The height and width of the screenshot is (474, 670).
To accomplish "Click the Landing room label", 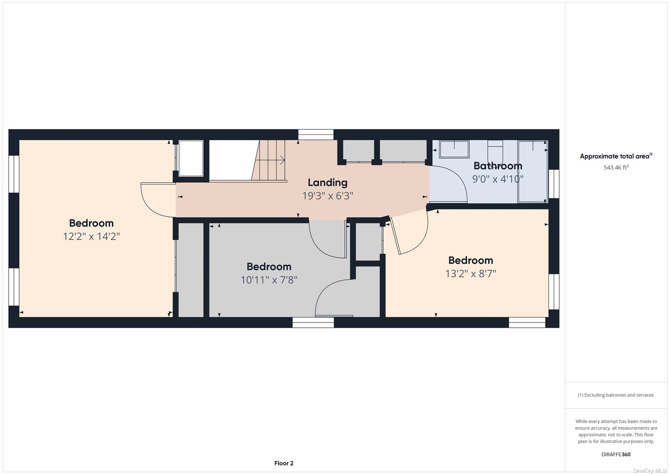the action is tap(328, 182).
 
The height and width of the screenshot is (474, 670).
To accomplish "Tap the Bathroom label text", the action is tap(498, 166).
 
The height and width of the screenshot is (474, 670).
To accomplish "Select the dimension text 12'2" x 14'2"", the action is tap(91, 236).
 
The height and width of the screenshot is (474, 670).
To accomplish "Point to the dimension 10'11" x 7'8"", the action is tap(269, 280).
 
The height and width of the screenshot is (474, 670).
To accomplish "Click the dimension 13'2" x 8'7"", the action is tap(471, 274).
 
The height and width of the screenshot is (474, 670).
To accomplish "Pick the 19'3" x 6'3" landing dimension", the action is tap(328, 196).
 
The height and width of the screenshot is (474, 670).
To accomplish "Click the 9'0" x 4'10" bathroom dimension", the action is tap(498, 179).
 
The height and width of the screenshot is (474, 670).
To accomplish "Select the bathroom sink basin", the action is tap(454, 149).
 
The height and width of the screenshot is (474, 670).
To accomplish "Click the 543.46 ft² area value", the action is tap(616, 167).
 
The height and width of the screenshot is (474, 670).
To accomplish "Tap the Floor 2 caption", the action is tap(284, 463).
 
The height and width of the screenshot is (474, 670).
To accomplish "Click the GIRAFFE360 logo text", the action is tap(616, 454).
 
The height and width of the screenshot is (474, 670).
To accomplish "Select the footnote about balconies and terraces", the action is tap(616, 395).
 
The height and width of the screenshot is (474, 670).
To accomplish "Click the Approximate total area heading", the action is tap(616, 156).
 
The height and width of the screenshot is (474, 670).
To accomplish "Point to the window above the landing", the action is tap(316, 134).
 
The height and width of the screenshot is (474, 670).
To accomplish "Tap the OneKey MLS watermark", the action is tap(649, 470).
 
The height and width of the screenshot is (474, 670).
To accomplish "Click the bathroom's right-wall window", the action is tap(554, 184).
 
